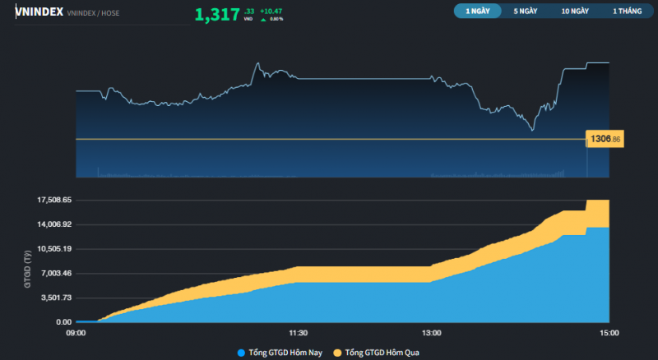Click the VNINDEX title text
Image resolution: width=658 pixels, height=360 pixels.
(39, 12)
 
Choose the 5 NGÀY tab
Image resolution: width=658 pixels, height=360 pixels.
(526, 12)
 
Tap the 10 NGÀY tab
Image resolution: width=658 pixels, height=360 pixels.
(575, 12)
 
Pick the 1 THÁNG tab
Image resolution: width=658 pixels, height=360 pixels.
(626, 12)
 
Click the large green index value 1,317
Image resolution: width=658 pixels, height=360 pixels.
(217, 14)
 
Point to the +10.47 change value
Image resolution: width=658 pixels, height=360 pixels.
(271, 11)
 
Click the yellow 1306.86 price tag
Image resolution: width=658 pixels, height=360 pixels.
(605, 140)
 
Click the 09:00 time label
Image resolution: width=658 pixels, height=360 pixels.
(76, 333)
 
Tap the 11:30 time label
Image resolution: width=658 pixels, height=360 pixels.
(299, 333)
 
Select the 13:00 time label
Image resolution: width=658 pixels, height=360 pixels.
(432, 333)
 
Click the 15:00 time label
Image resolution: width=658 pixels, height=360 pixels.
(609, 333)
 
